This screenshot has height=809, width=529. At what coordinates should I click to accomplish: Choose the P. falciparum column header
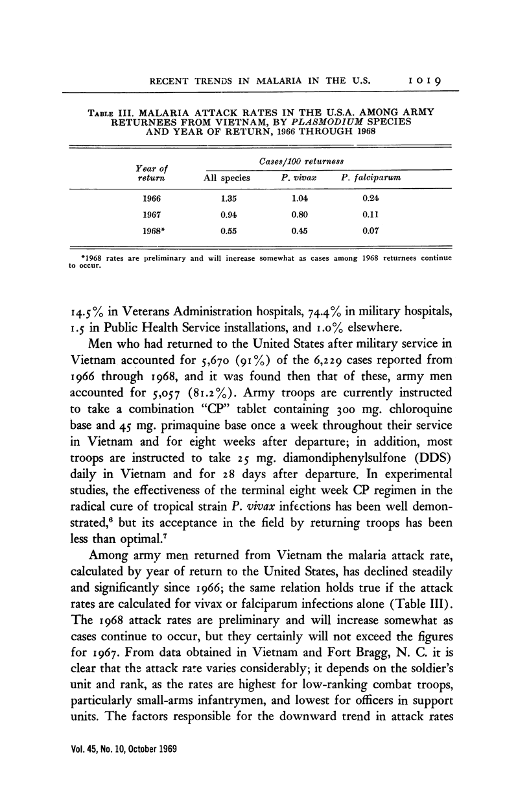click(x=370, y=176)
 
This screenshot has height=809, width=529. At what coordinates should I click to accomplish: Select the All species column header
click(x=227, y=176)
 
